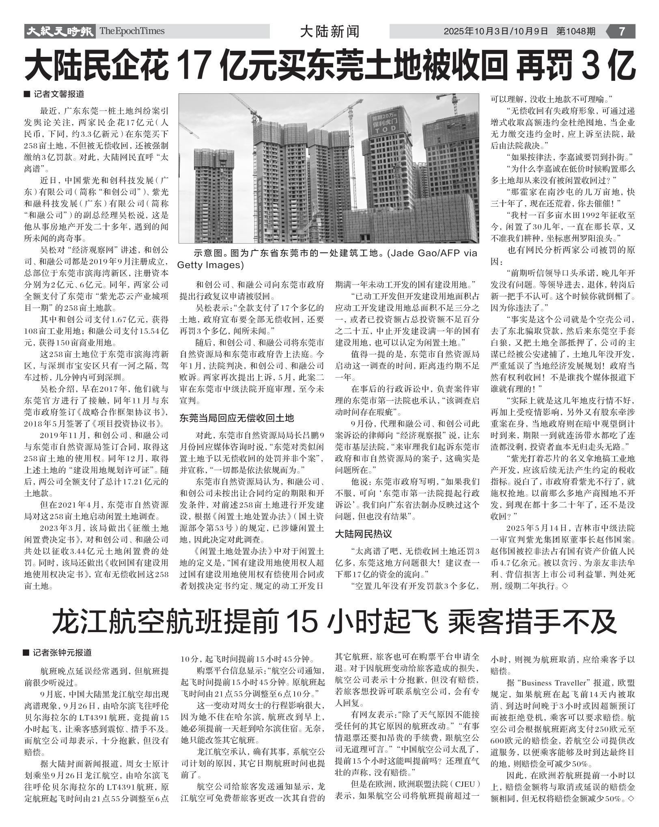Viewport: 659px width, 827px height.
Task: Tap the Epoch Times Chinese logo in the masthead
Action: (x=59, y=31)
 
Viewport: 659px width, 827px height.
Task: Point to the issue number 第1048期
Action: (x=576, y=31)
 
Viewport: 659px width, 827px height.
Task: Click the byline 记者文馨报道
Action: (x=59, y=94)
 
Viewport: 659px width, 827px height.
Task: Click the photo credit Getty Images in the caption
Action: (x=211, y=265)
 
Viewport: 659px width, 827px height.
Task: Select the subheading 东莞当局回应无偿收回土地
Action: (x=237, y=418)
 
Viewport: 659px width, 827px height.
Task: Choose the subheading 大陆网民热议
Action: (x=363, y=533)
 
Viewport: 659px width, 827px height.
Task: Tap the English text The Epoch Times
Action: (x=132, y=31)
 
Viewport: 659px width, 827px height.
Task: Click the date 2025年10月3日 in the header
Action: (x=475, y=31)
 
